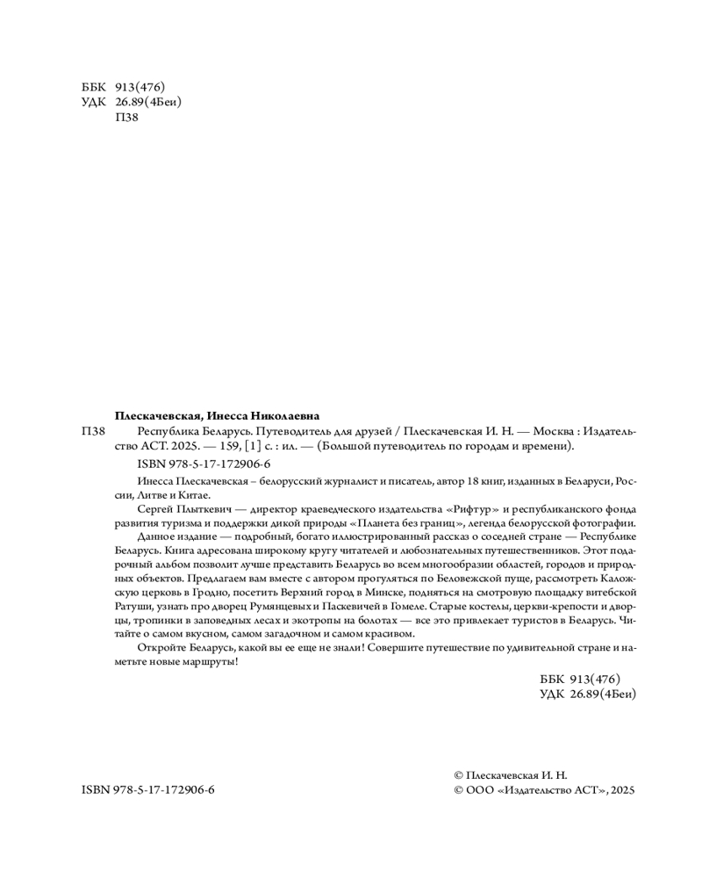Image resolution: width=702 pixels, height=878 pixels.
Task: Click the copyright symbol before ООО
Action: tap(457, 790)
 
